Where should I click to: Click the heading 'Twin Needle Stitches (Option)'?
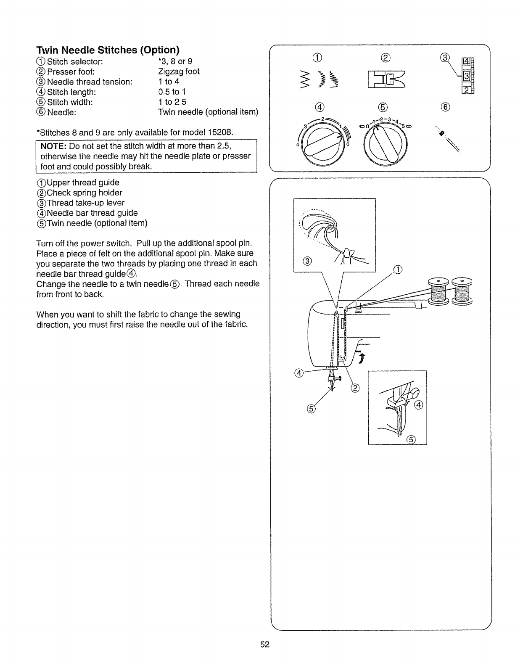108,50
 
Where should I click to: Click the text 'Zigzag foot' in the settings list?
179,71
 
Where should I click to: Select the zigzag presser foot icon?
387,79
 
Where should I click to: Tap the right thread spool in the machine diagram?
461,291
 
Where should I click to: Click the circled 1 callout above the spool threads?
398,270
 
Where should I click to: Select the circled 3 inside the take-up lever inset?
307,262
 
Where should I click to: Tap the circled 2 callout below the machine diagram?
355,388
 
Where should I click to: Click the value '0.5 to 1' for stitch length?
172,92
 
